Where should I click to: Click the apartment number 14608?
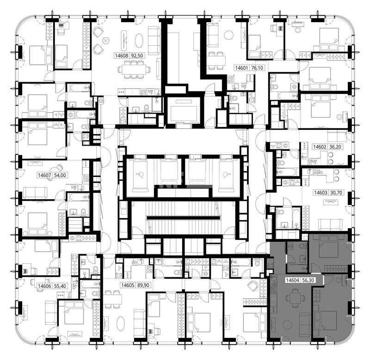(121, 55)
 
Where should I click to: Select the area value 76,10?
(257, 68)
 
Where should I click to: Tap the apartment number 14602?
(320, 146)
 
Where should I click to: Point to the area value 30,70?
(336, 193)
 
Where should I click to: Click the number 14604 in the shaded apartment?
(293, 280)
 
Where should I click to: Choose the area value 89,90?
(143, 285)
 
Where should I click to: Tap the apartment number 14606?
(44, 286)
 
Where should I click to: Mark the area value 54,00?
(60, 175)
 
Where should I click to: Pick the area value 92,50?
(137, 55)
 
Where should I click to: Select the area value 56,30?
(308, 280)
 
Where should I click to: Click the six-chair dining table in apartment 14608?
(134, 69)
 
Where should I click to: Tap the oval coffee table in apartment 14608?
(139, 41)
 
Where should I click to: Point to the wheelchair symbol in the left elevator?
(140, 175)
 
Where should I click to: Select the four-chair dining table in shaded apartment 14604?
(295, 298)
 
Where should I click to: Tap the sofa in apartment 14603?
(330, 225)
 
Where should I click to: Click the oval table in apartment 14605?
(121, 324)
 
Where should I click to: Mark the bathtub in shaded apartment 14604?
(296, 268)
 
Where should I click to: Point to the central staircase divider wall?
(183, 218)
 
